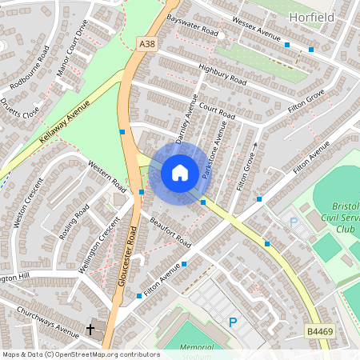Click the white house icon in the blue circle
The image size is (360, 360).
coord(179,173)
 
